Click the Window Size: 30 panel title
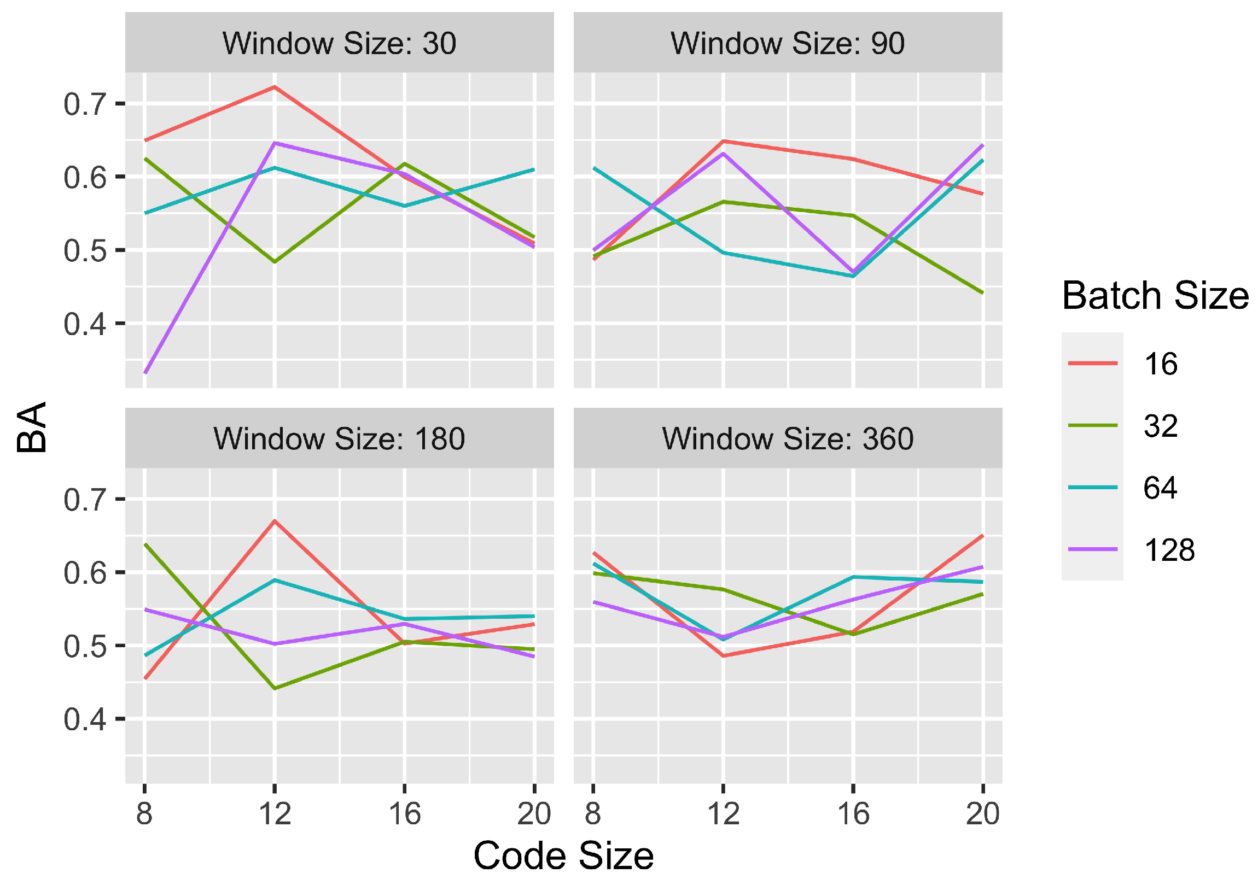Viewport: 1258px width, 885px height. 339,43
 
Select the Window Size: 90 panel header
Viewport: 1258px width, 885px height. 788,43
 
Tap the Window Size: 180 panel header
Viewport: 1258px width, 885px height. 339,438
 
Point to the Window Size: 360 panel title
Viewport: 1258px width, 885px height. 788,438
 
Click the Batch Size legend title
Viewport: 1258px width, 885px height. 1155,296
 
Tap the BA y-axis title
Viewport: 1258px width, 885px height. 32,427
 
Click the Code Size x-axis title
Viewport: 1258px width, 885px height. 563,856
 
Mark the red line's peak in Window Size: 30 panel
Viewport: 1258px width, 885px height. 275,86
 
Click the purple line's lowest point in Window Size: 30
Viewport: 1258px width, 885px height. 144,373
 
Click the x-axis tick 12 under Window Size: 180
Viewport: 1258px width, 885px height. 275,814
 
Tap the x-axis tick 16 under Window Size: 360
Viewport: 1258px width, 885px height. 853,814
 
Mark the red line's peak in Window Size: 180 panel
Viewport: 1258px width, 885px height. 275,521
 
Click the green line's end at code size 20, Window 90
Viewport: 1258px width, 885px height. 983,293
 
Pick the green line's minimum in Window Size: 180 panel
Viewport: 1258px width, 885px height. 275,688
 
